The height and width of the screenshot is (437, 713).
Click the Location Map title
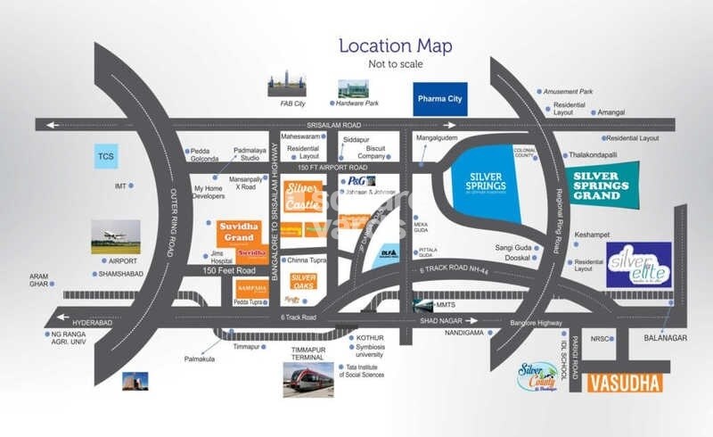(x=394, y=46)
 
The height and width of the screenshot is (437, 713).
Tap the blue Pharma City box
(x=438, y=99)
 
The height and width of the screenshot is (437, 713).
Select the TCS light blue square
(x=114, y=157)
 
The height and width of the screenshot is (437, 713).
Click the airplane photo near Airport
(x=116, y=237)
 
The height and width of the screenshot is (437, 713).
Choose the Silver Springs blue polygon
(x=487, y=179)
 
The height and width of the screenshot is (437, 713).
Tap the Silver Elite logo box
(x=638, y=265)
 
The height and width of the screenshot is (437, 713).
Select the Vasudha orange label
(x=627, y=383)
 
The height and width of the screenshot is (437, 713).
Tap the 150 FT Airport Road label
(x=333, y=168)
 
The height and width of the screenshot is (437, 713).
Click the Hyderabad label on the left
(x=93, y=317)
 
